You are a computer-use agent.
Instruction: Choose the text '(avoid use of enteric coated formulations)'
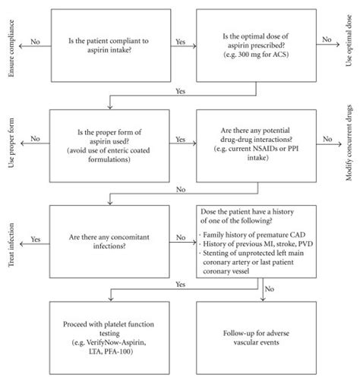pyautogui.click(x=110, y=155)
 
